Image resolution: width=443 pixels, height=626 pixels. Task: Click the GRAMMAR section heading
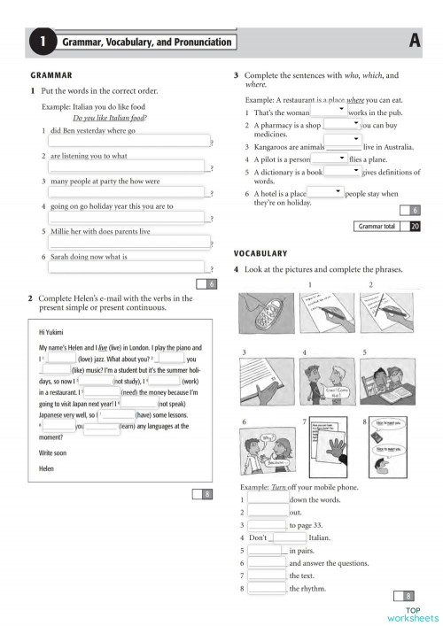point(51,76)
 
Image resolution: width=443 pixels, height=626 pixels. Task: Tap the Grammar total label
point(377,227)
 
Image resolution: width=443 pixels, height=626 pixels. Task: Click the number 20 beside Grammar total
point(415,227)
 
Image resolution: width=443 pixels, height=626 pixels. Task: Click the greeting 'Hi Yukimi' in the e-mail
point(52,333)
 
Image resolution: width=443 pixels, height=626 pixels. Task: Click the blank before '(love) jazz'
point(60,359)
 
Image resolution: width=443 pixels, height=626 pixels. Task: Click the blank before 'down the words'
point(268,499)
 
